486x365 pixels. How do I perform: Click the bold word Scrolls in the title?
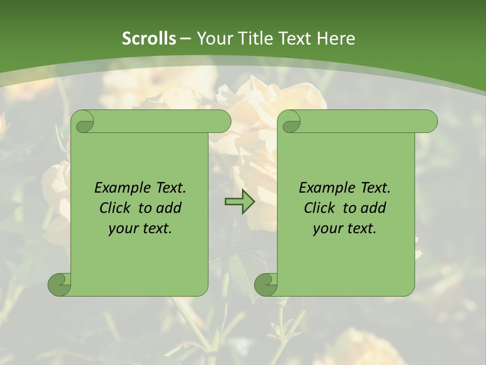[x=149, y=39]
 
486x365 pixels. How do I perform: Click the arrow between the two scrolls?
[x=239, y=202]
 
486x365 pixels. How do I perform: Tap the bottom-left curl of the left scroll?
[x=59, y=284]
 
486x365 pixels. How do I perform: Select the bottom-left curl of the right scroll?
[x=266, y=284]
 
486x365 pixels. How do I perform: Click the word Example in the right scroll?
[x=326, y=188]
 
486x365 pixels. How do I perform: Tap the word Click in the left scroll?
[x=116, y=208]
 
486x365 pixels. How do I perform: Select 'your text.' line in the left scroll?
[x=140, y=228]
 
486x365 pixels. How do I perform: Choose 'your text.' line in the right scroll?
[x=345, y=228]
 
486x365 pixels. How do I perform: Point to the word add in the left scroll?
[x=169, y=208]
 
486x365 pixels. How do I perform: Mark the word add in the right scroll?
[x=373, y=208]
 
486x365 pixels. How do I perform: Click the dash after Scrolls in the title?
[x=185, y=39]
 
